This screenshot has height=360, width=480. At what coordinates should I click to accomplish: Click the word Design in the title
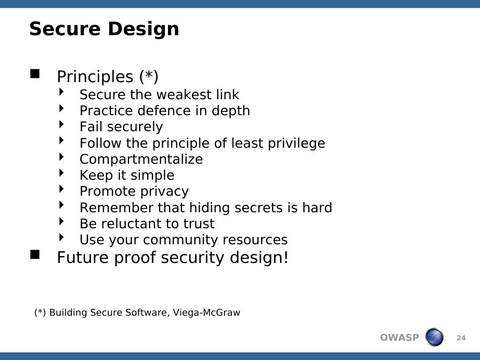143,29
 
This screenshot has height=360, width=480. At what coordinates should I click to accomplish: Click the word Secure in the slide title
65,29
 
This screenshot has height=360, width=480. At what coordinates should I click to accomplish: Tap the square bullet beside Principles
35,74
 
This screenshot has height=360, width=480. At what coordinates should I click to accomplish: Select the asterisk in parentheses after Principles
149,76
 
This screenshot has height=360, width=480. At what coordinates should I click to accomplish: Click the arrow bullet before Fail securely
61,124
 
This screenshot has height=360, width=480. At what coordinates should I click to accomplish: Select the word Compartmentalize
141,159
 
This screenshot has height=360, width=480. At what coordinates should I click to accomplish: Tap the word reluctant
140,224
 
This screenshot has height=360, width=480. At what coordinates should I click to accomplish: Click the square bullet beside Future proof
35,255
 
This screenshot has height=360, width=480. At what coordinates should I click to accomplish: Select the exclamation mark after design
286,257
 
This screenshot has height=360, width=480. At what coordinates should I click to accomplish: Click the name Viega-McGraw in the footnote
206,313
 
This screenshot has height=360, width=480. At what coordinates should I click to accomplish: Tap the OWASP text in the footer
399,338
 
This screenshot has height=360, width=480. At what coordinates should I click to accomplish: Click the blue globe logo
434,337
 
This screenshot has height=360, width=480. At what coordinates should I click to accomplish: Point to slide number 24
461,338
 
